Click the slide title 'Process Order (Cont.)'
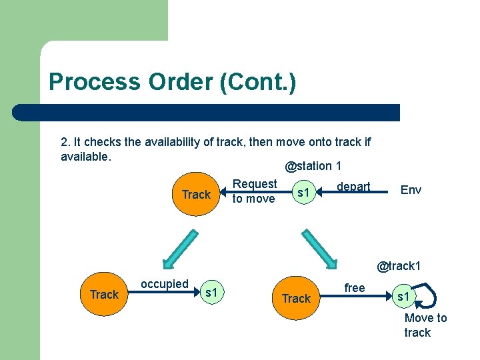click(172, 82)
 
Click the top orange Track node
click(196, 194)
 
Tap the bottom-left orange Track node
click(104, 294)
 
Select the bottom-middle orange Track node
click(296, 298)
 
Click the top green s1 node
click(304, 193)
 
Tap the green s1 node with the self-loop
click(403, 295)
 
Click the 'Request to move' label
click(254, 191)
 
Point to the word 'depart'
click(353, 187)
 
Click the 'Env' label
click(411, 190)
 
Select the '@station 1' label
click(313, 165)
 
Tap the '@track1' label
click(399, 266)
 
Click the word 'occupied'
click(164, 284)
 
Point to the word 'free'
click(354, 288)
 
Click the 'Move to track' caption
click(425, 325)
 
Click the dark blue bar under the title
click(207, 112)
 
